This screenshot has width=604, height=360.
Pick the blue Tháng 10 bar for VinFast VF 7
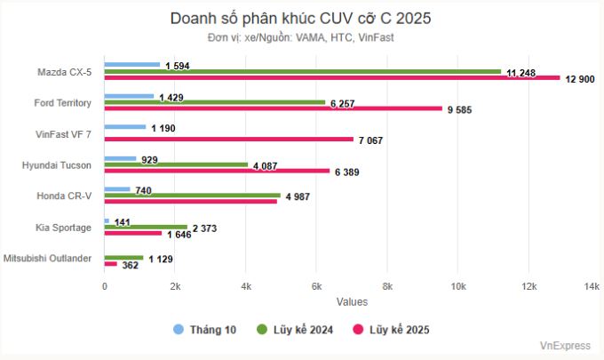125,127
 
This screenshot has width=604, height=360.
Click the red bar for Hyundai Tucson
217,171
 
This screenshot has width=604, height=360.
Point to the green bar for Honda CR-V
192,196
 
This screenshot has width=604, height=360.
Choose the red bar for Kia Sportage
133,233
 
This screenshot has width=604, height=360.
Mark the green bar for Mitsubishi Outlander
124,258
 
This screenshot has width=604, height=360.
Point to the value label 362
131,265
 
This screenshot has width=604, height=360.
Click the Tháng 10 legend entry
205,330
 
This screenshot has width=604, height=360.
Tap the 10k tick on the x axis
458,286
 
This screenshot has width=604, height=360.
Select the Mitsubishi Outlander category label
51,258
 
